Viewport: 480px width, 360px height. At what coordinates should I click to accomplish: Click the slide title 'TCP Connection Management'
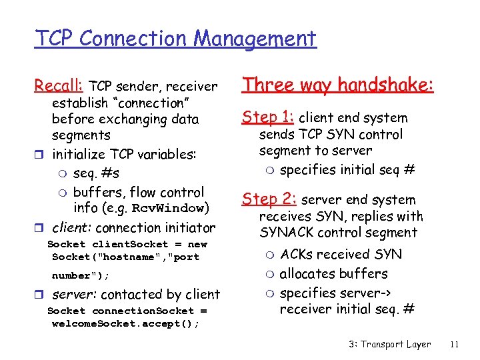coord(175,39)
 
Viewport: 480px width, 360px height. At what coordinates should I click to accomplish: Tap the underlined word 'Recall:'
coord(59,86)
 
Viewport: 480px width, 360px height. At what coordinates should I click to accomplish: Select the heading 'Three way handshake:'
coord(338,85)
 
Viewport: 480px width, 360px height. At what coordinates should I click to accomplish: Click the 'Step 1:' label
coord(267,117)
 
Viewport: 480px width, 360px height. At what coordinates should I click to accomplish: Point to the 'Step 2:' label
coord(269,199)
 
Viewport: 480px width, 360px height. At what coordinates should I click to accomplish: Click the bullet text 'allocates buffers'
coord(333,273)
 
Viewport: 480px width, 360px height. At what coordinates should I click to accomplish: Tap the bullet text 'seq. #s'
coord(96,173)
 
